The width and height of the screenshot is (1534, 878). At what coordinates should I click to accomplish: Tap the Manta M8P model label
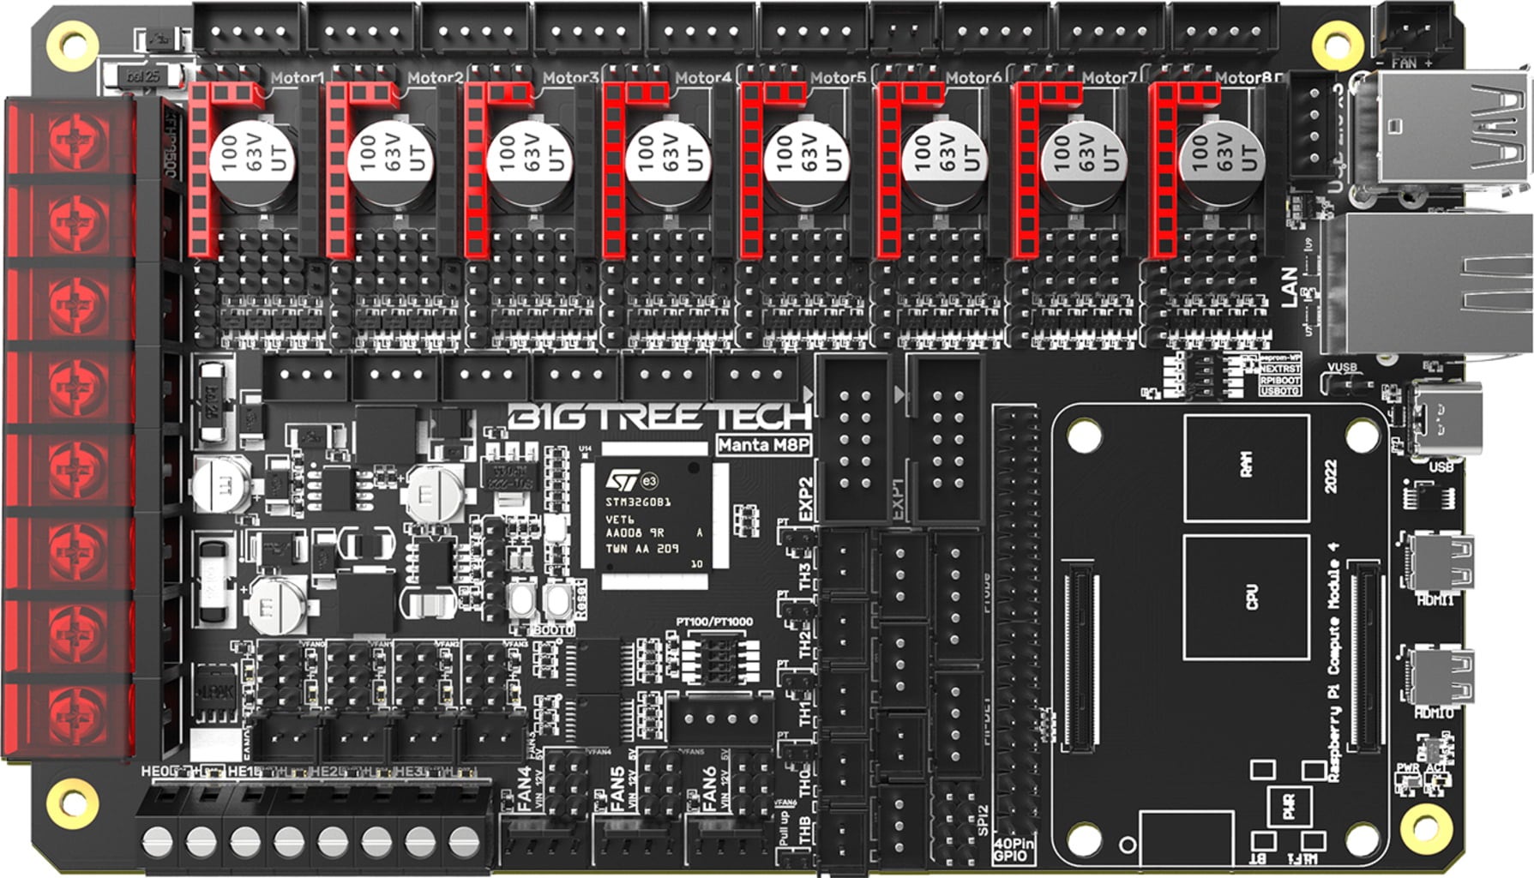click(x=762, y=444)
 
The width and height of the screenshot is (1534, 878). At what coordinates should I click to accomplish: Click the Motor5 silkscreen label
click(x=837, y=78)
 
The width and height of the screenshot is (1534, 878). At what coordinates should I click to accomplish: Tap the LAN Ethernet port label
click(x=1289, y=287)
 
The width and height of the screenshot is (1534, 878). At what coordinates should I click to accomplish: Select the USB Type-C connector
click(x=1446, y=419)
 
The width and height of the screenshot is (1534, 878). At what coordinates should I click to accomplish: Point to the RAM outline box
click(x=1246, y=467)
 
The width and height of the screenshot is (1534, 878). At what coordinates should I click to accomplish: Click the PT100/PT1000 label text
click(x=714, y=622)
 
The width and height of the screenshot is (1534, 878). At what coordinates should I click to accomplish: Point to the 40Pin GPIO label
click(x=1014, y=850)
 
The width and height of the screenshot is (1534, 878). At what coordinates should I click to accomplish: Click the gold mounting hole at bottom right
click(x=1425, y=827)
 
